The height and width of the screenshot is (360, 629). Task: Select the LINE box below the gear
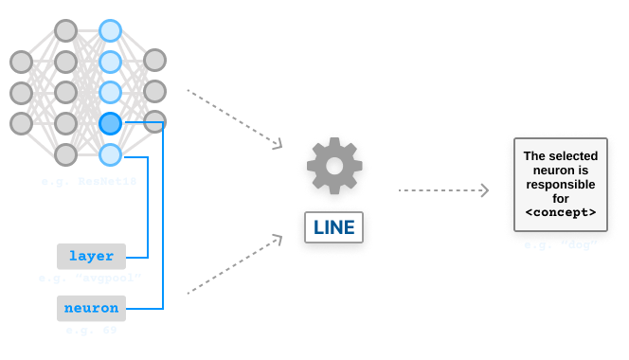[332, 227]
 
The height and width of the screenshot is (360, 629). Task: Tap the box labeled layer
[91, 256]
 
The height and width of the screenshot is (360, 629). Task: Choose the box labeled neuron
[91, 308]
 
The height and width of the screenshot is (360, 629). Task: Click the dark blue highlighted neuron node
[110, 123]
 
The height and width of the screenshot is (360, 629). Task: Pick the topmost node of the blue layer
[110, 30]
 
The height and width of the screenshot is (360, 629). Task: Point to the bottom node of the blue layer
[110, 153]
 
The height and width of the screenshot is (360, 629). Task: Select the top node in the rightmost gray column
[155, 61]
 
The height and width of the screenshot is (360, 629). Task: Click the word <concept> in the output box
[560, 213]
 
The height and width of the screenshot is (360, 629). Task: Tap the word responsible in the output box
[560, 185]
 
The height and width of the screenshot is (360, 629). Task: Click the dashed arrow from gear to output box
[443, 190]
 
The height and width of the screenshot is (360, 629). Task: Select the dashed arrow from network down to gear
[235, 118]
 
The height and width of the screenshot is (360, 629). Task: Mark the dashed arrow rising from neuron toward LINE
[235, 265]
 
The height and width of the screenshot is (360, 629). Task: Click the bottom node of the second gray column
[65, 153]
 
